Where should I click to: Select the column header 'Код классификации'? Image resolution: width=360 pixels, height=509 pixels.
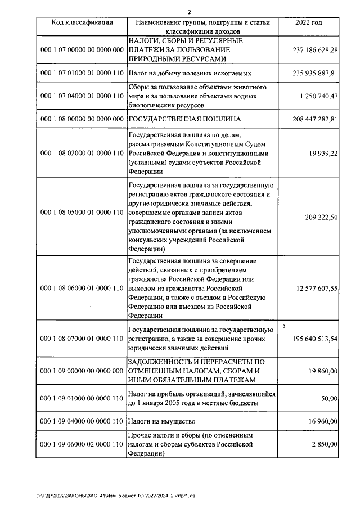tap(82, 22)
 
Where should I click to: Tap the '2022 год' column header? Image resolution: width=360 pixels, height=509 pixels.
tap(308, 22)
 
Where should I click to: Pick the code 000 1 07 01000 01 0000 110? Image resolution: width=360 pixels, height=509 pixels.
tap(82, 73)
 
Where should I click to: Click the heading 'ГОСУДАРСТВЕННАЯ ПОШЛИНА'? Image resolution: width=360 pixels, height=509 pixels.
tap(185, 119)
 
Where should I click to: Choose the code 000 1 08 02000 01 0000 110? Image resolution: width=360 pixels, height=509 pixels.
tap(82, 153)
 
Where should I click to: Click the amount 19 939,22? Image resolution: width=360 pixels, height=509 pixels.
tap(322, 153)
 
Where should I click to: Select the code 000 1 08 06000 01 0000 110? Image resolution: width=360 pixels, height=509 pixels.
tap(82, 288)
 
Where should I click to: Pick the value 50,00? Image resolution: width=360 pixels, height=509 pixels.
tap(329, 398)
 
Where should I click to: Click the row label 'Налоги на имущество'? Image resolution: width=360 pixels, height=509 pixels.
tap(164, 421)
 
